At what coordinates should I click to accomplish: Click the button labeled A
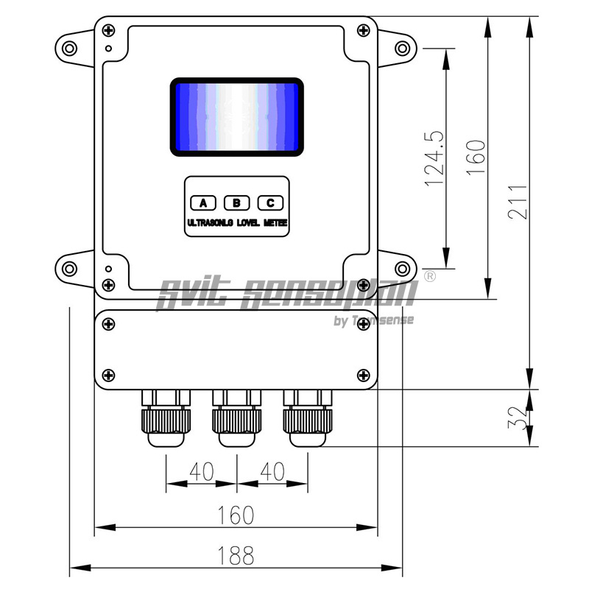pos(203,203)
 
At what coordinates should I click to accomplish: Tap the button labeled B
pos(236,203)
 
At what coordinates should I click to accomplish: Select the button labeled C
pos(270,203)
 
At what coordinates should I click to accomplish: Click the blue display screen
pos(237,117)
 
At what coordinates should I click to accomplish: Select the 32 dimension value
pos(519,417)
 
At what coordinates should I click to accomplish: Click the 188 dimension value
pos(236,556)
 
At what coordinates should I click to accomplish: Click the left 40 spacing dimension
pos(202,471)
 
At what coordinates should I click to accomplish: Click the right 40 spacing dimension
pos(272,471)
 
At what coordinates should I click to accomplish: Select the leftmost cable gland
pos(165,420)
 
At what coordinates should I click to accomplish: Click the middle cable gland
pos(236,420)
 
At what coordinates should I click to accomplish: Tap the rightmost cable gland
pos(307,420)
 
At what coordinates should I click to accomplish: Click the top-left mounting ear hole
pos(70,49)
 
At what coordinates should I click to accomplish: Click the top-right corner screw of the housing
pos(362,29)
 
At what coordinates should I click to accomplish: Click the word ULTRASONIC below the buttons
pos(210,222)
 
